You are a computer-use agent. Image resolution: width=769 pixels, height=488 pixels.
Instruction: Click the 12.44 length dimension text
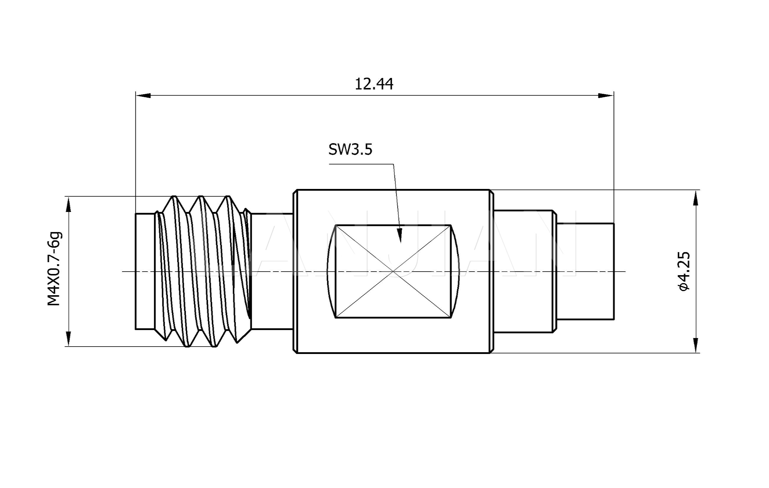coord(374,84)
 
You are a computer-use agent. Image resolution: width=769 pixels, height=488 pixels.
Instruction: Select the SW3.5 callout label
coord(350,149)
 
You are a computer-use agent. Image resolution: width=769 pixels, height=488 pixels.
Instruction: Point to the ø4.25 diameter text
coord(684,271)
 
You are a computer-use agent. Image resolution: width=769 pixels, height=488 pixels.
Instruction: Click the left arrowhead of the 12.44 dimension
coord(143,95)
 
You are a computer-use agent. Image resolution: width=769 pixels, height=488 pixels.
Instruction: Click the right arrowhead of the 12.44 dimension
coord(606,95)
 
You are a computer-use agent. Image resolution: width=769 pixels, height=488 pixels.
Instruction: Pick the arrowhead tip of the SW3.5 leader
coord(401,243)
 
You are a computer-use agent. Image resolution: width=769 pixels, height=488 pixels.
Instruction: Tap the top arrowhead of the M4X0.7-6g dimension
coord(68,204)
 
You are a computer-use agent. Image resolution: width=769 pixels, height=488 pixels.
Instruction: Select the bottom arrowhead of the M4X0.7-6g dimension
coord(68,339)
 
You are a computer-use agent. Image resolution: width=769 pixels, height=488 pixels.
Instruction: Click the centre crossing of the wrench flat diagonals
coord(393,271)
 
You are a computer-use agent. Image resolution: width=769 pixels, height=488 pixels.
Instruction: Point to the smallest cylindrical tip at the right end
coord(585,271)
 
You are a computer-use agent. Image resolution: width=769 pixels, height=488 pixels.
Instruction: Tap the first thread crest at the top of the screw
coord(174,197)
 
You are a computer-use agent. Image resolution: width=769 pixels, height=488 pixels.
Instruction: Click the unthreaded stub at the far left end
coord(145,271)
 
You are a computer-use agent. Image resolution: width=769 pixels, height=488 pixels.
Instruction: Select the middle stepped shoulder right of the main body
coord(524,271)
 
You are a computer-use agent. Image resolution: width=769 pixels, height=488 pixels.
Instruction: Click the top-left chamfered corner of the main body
coord(295,192)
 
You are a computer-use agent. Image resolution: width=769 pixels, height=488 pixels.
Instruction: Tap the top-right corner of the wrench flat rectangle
coord(451,225)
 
